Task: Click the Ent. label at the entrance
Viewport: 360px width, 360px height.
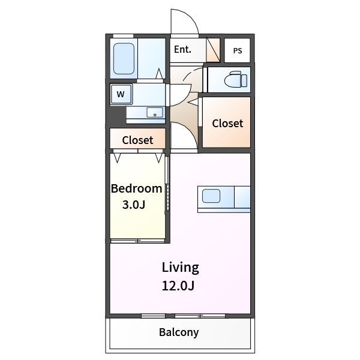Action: point(182,50)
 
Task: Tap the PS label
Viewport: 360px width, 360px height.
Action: point(238,51)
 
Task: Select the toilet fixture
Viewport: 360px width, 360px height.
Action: point(236,79)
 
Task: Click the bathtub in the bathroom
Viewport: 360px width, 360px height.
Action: point(124,59)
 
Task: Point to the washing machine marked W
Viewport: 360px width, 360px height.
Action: point(121,94)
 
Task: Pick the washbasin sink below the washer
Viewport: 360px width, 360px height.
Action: point(155,113)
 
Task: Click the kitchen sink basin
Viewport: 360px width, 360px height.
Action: point(211,196)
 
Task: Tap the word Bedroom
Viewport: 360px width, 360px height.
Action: point(137,188)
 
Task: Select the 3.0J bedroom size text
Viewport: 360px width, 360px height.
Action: point(134,205)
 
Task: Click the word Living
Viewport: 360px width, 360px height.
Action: point(181,268)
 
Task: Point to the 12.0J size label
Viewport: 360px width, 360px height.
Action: point(178,286)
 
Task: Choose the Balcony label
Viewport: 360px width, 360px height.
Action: point(179,332)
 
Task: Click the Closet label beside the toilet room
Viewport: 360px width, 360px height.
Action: point(227,123)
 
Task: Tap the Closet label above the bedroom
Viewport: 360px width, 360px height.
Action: point(137,140)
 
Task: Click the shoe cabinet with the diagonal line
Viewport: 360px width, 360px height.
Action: point(213,50)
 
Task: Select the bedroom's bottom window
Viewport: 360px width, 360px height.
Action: point(137,241)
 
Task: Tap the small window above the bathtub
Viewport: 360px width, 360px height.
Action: point(123,36)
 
